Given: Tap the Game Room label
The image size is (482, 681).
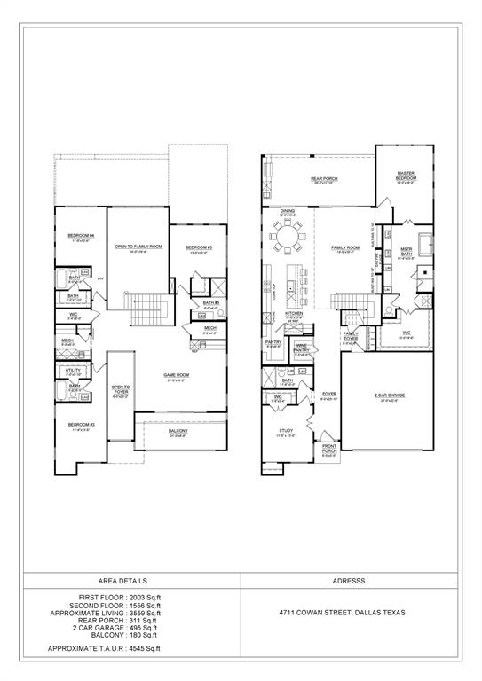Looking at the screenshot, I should [x=176, y=375].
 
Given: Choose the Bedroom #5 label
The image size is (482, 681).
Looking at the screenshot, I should [x=197, y=247].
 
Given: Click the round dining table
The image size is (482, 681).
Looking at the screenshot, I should [x=286, y=237].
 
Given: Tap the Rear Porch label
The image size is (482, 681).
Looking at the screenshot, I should [x=324, y=179].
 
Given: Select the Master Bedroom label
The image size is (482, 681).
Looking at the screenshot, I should [x=407, y=176].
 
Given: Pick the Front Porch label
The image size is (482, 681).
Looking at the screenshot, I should [x=329, y=448].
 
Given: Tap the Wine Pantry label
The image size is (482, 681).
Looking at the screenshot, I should [x=302, y=347].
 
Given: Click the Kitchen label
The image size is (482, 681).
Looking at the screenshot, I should [x=294, y=313].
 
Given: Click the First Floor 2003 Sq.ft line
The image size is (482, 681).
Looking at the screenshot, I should [x=117, y=599].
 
